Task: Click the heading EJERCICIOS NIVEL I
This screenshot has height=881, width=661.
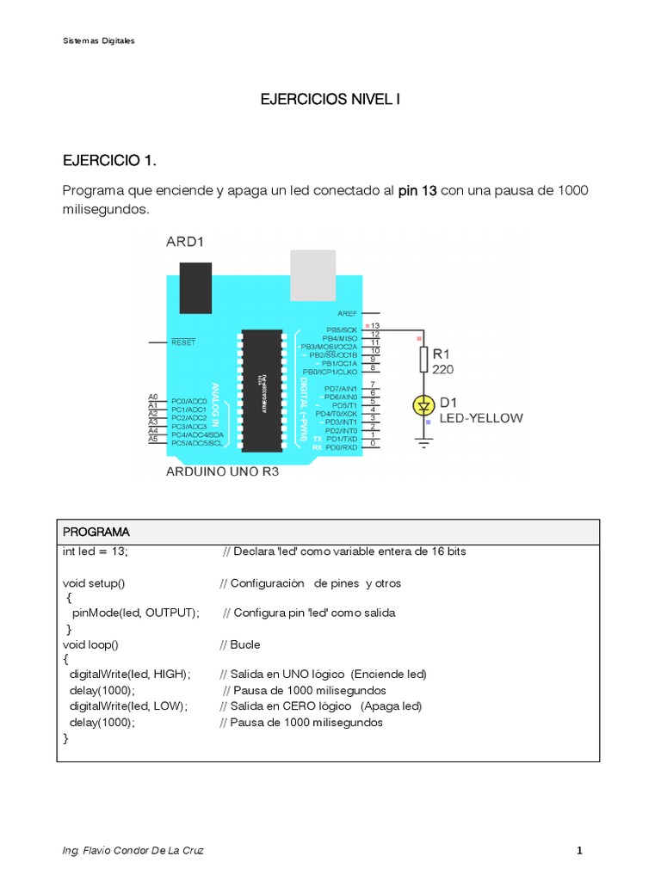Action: click(330, 100)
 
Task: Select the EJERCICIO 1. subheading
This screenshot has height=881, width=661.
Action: click(110, 161)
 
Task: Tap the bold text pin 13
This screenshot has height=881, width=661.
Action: click(418, 190)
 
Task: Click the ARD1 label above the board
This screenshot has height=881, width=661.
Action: click(185, 243)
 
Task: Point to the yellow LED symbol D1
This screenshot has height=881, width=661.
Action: click(423, 404)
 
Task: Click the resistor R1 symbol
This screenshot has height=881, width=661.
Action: click(423, 360)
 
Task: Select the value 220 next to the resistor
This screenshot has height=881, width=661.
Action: click(443, 370)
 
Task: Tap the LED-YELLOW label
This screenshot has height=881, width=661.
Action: click(481, 418)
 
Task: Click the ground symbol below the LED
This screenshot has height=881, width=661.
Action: click(423, 443)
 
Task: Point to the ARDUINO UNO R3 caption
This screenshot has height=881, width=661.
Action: click(222, 471)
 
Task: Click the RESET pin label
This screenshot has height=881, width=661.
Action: click(183, 342)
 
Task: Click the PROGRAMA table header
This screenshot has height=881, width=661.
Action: click(96, 532)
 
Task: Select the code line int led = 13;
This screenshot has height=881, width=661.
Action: click(96, 551)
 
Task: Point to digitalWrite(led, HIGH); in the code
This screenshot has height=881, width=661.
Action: click(130, 674)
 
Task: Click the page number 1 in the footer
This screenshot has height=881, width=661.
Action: click(580, 851)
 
